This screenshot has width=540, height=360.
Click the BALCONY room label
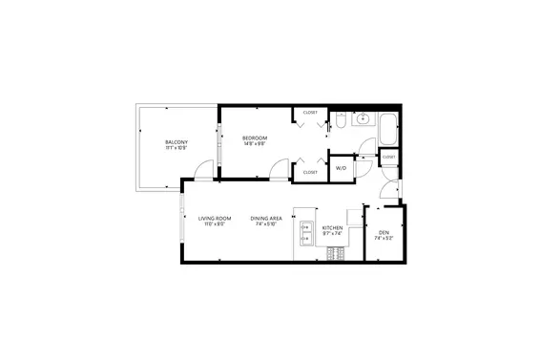tap(176, 142)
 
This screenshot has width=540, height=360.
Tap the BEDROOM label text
tap(254, 138)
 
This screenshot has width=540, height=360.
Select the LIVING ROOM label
tap(212, 219)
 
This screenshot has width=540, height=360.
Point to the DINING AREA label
tap(266, 219)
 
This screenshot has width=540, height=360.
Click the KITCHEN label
tap(332, 228)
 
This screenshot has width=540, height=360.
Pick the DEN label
tap(384, 233)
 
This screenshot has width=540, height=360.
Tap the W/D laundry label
tap(341, 168)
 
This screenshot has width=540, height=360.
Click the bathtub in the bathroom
tap(389, 130)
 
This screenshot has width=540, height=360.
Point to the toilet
tap(340, 121)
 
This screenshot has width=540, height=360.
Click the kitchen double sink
tap(307, 233)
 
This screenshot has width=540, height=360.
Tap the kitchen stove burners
tap(334, 253)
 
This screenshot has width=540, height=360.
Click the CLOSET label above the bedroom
tap(309, 113)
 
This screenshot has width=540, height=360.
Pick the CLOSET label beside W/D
tap(309, 173)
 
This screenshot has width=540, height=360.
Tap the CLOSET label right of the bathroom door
tap(388, 157)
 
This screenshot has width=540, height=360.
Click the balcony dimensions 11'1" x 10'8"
tap(176, 148)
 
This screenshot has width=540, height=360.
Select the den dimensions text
tap(384, 239)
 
